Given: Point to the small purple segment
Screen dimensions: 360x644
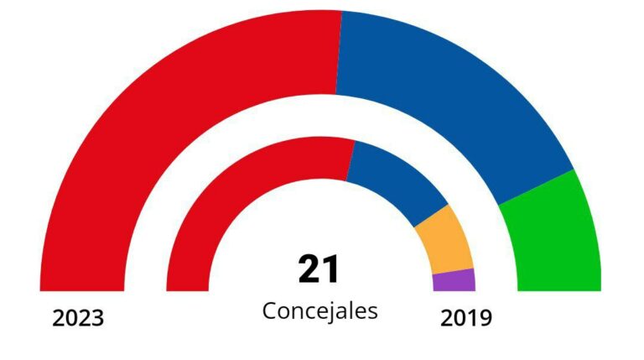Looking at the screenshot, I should [x=454, y=280].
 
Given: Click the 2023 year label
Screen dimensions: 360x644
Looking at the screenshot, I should [x=78, y=319].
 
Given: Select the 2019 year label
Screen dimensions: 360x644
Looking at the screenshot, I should [x=465, y=318].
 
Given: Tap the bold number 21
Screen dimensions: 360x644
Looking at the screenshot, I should [x=319, y=269].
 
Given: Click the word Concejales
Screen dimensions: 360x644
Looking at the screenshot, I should [x=320, y=310].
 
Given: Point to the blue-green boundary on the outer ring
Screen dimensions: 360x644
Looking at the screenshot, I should [x=537, y=186].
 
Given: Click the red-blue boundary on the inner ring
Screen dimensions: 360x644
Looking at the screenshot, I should [x=350, y=160].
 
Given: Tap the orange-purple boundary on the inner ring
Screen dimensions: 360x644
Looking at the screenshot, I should [x=453, y=271].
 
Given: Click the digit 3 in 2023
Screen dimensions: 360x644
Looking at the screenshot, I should [x=97, y=319].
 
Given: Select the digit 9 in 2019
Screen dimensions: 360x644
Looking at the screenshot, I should [x=484, y=318].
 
